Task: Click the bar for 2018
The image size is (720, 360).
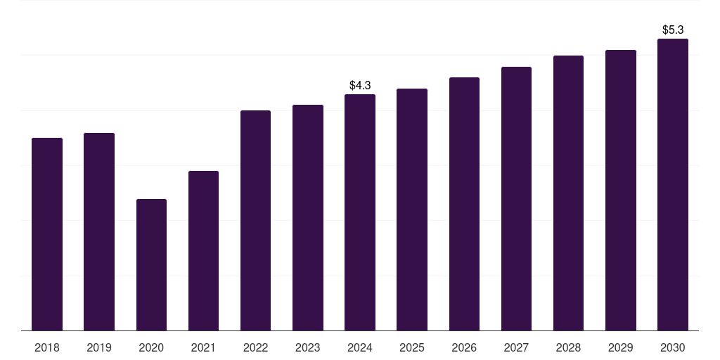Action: (x=47, y=234)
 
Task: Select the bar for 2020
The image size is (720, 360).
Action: (x=151, y=264)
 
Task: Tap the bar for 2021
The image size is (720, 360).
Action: (x=203, y=250)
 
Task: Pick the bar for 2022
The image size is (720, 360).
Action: (x=255, y=220)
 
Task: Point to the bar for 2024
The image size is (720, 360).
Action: (x=360, y=212)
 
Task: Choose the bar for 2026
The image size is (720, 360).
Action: (x=464, y=204)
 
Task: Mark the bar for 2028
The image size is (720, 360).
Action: (x=568, y=193)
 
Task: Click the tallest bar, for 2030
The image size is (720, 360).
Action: (x=673, y=184)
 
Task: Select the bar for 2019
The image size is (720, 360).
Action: (x=99, y=231)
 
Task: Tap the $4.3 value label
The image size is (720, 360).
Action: (x=360, y=85)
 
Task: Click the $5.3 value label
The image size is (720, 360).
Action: (x=673, y=30)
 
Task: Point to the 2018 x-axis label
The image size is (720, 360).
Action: (x=47, y=347)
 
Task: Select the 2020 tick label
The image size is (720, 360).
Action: (x=151, y=347)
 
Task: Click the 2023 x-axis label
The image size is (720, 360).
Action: (x=308, y=347)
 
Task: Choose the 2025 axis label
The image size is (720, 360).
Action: (x=412, y=347)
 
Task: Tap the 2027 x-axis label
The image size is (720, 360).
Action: (x=516, y=347)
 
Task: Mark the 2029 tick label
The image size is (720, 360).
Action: (x=621, y=347)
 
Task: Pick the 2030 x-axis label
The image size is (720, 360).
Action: (x=673, y=347)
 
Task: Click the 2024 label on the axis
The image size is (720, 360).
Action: (x=360, y=347)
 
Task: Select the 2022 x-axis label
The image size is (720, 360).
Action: (x=255, y=347)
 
